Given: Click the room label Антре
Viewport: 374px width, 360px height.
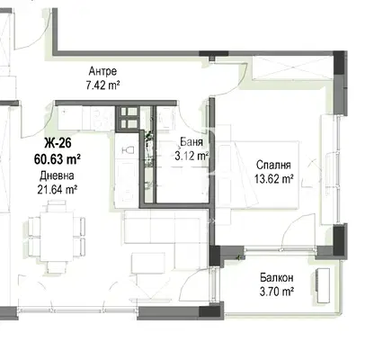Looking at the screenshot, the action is pyautogui.click(x=102, y=71).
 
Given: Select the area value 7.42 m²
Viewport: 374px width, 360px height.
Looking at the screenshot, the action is pyautogui.click(x=102, y=85).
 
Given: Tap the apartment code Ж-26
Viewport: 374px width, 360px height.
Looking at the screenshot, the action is pyautogui.click(x=58, y=143).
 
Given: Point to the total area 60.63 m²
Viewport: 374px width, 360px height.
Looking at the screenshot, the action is pyautogui.click(x=58, y=158).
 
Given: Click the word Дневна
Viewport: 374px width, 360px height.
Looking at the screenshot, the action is pyautogui.click(x=57, y=175).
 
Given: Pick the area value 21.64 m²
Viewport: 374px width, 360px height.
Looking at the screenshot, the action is pyautogui.click(x=58, y=190).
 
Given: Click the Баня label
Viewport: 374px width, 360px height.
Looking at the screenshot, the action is pyautogui.click(x=191, y=142).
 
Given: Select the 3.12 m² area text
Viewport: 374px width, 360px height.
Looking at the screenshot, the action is pyautogui.click(x=191, y=156).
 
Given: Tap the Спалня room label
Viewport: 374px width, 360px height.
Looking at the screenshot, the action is pyautogui.click(x=273, y=165).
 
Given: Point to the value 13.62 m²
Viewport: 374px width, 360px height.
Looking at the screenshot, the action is pyautogui.click(x=273, y=179).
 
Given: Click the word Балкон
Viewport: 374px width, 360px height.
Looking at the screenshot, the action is pyautogui.click(x=277, y=278).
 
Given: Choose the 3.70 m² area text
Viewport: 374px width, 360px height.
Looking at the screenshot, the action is pyautogui.click(x=277, y=292).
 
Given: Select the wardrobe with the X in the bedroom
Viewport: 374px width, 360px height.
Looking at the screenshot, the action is pyautogui.click(x=292, y=67).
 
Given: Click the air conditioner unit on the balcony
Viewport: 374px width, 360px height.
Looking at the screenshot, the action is pyautogui.click(x=323, y=285).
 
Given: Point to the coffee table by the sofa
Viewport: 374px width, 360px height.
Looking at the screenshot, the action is pyautogui.click(x=148, y=263).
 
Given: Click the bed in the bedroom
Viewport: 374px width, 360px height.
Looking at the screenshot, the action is pyautogui.click(x=258, y=175).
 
